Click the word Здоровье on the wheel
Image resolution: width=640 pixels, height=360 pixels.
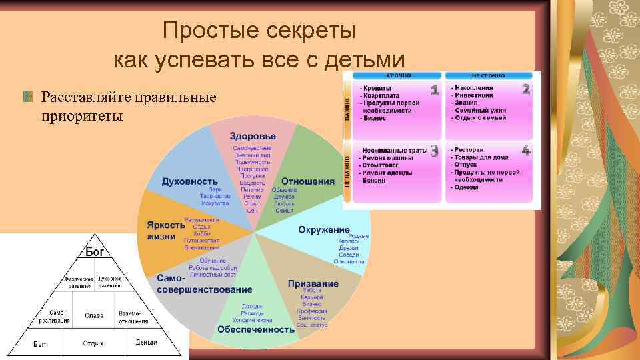coord(253,136)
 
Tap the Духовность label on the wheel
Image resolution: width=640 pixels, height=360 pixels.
coord(189,181)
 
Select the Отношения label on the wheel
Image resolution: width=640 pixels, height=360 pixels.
coord(307,181)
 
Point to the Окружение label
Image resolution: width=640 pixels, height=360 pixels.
coord(323,229)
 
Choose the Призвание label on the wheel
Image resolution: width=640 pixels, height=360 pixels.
coord(313,283)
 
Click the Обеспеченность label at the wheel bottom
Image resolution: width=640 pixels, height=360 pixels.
coord(256,329)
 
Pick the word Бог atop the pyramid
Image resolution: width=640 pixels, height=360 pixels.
coord(94,252)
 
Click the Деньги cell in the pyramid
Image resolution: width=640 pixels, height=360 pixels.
coord(146,343)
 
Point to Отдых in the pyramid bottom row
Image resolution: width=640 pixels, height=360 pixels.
coord(93,343)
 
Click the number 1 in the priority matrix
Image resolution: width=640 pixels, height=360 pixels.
coord(433,90)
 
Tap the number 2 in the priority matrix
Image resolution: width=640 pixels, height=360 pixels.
coord(526,89)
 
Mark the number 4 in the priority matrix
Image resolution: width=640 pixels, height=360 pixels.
coord(526,151)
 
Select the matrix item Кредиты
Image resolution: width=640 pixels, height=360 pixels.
coord(377,88)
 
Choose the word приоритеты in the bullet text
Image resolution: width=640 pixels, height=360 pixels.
coord(81,117)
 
